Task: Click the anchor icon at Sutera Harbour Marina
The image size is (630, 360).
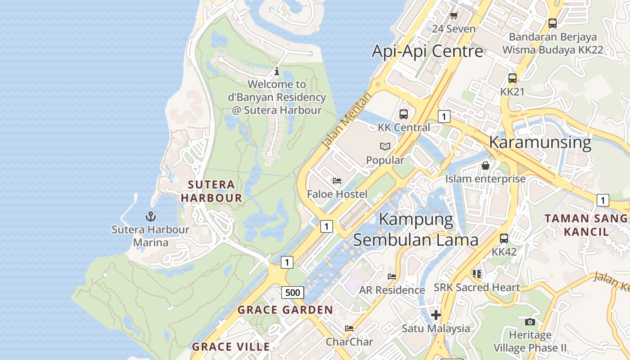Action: (151, 216)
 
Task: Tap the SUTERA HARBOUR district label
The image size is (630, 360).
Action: (211, 191)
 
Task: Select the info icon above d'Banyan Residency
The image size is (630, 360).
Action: (277, 71)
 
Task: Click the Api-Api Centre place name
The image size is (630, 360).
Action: (427, 51)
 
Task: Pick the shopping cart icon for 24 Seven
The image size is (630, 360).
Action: (454, 16)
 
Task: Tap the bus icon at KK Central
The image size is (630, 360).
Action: (404, 114)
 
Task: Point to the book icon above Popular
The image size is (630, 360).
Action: (385, 146)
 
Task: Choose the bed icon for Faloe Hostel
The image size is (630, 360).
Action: (337, 181)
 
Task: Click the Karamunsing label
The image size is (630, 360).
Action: (540, 142)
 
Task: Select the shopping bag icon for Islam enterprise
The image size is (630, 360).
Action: (486, 165)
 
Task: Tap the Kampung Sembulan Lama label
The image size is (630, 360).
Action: (415, 229)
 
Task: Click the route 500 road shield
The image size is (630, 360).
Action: (292, 292)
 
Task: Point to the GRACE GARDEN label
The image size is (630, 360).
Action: (285, 310)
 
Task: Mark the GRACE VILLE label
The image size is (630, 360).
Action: (231, 347)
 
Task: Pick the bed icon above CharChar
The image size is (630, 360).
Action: (349, 328)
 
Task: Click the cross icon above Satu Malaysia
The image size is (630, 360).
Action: (436, 315)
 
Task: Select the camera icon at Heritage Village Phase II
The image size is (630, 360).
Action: (530, 321)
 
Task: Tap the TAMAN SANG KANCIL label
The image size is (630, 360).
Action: (586, 225)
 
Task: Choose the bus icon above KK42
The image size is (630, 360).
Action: (504, 238)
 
